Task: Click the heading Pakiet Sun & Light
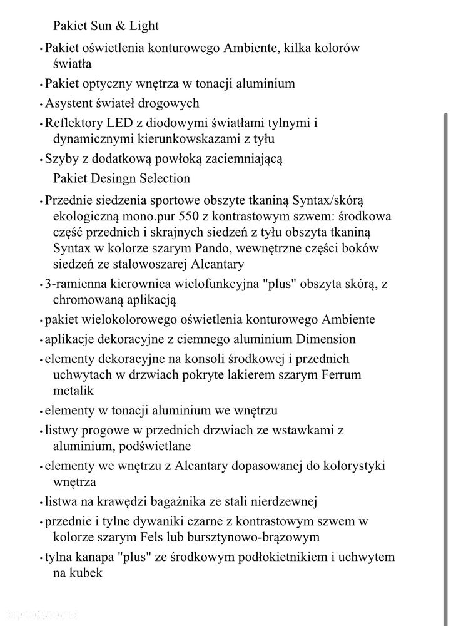tap(106, 26)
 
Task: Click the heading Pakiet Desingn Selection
tap(121, 178)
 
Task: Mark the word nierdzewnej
tap(285, 501)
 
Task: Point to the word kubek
tap(85, 573)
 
